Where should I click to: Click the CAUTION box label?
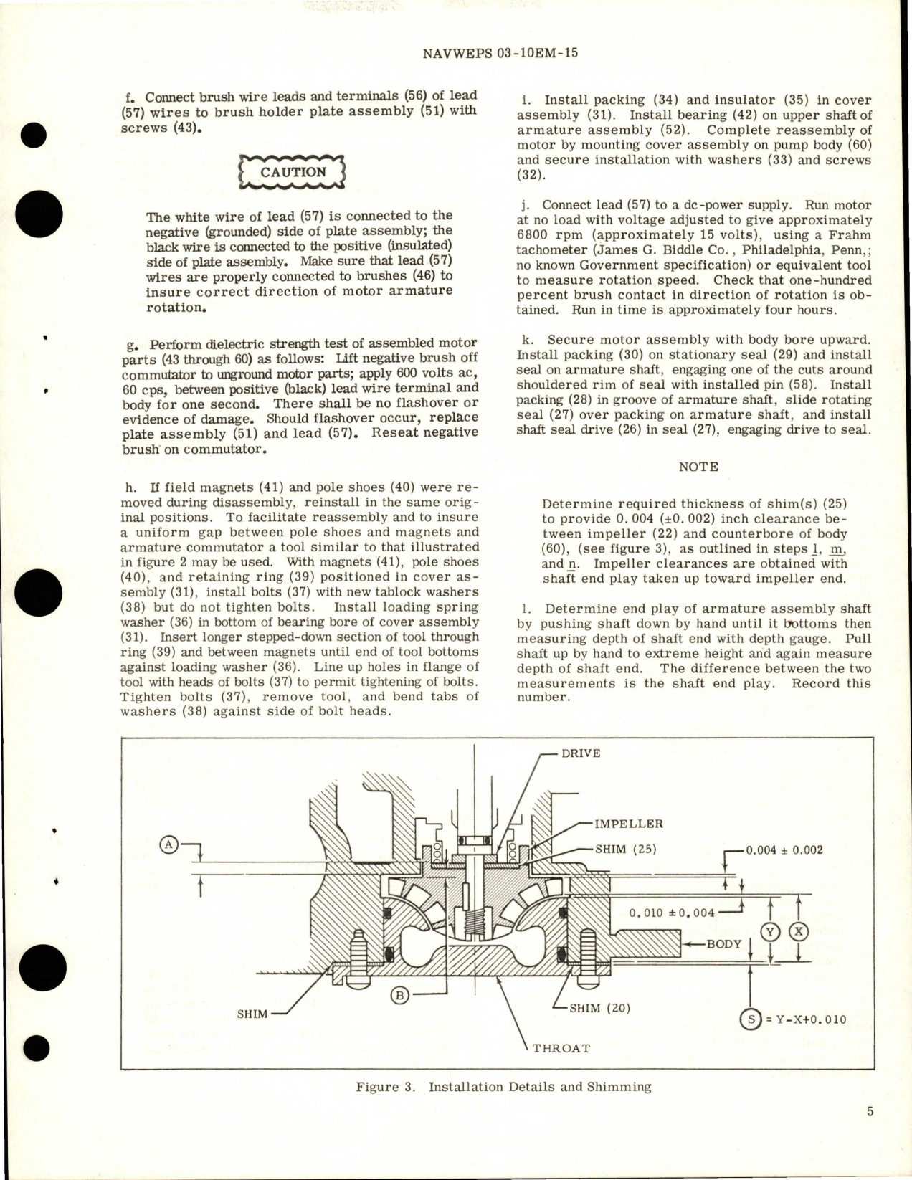pos(293,173)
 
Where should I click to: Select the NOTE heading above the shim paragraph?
pos(698,467)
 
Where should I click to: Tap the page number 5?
pos(870,1133)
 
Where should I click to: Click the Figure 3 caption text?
pos(503,1087)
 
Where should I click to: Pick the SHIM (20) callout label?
pos(600,1007)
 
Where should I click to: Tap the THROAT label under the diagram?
pos(561,1047)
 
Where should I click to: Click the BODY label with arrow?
pos(723,943)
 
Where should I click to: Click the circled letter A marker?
pos(169,845)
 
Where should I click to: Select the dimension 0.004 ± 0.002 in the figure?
pos(784,850)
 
